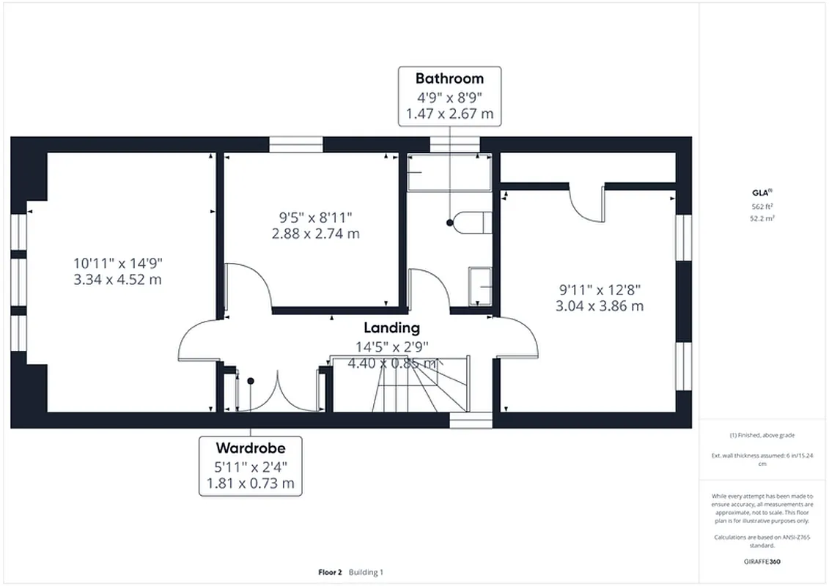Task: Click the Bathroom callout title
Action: pos(449,78)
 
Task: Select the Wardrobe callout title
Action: pos(250,448)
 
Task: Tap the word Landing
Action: pos(392,327)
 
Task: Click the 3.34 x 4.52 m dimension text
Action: pos(117,279)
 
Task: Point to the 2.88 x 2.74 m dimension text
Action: pos(315,234)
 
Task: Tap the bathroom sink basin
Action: pos(480,284)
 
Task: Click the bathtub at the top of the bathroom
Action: pos(449,172)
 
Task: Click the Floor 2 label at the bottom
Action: pos(330,572)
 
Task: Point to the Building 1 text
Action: pos(366,572)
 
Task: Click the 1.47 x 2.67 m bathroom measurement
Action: pos(449,114)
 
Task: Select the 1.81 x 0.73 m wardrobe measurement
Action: pos(250,483)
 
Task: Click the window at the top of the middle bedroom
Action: pos(296,144)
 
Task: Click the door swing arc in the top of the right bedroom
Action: pos(586,205)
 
